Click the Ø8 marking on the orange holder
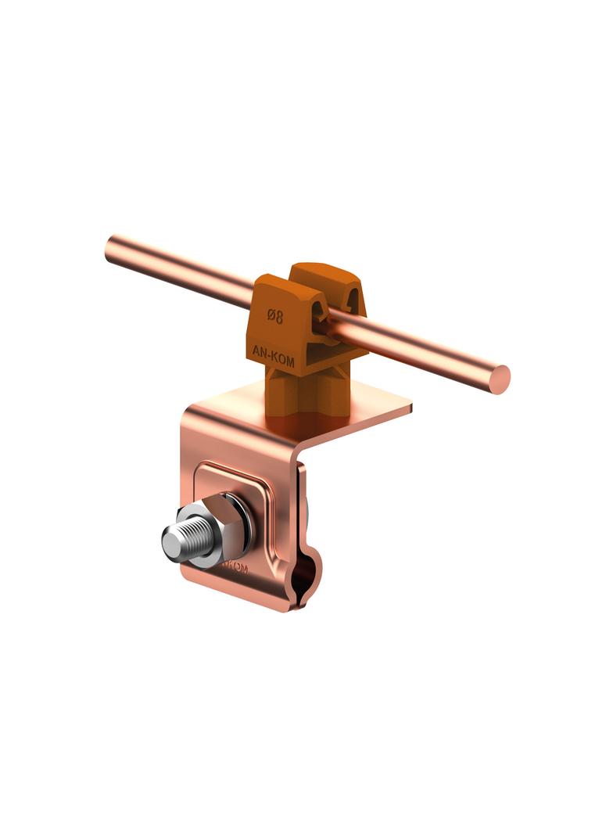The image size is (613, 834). coord(275,317)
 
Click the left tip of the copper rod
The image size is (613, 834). coord(110,248)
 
